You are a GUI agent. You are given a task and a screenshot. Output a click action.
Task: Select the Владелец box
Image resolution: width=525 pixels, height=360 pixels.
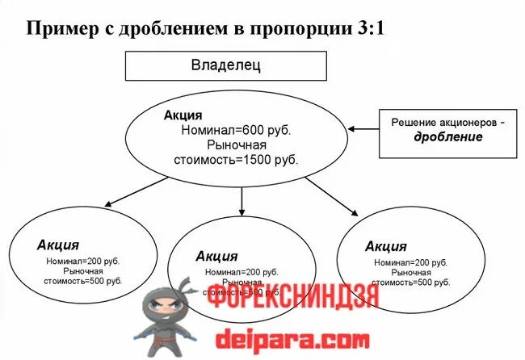(x=225, y=65)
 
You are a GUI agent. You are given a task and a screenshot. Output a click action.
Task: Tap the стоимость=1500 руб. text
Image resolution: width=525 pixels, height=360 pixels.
(x=236, y=160)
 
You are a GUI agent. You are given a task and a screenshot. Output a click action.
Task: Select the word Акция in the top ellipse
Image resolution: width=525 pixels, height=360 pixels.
(x=182, y=116)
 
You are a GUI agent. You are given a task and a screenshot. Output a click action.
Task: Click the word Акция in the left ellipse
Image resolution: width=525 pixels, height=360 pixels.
(x=57, y=245)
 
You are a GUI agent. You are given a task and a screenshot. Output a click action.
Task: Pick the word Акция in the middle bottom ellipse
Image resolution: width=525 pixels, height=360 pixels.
(x=216, y=256)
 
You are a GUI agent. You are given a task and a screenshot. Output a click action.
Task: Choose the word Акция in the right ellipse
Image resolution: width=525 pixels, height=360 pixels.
(x=385, y=246)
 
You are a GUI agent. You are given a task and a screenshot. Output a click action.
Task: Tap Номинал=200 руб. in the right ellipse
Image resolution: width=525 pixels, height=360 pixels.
(x=409, y=263)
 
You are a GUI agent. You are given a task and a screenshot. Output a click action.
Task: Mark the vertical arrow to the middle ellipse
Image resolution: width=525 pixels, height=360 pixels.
(x=241, y=202)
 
